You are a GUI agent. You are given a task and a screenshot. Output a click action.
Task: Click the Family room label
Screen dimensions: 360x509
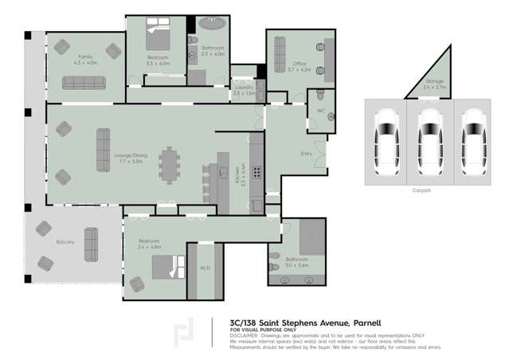(x=84, y=57)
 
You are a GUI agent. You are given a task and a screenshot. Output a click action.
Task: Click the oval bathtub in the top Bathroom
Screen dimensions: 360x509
(x=212, y=25)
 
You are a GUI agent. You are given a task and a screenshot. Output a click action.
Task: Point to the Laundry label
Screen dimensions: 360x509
(x=245, y=88)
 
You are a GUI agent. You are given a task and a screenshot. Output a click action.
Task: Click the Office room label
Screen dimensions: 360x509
(x=299, y=67)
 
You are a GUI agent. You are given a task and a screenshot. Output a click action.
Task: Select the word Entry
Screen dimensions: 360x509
(x=306, y=153)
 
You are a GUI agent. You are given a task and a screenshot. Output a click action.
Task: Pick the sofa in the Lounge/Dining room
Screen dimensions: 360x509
(x=103, y=150)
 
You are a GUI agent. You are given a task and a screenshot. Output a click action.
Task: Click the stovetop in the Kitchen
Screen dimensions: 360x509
(x=257, y=172)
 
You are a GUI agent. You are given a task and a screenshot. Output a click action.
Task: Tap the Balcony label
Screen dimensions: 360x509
(x=65, y=241)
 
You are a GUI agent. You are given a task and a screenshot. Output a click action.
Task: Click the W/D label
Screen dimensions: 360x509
(x=205, y=268)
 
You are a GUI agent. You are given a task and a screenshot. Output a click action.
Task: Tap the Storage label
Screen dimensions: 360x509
(x=434, y=81)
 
